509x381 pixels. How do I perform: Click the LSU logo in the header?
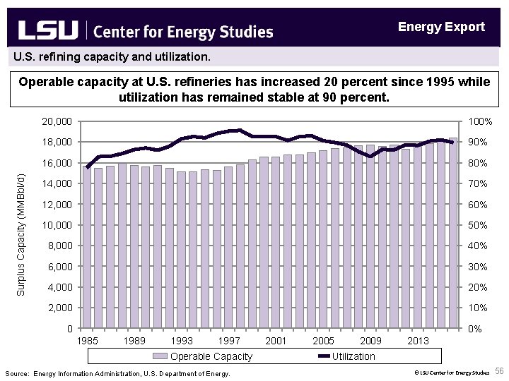pyautogui.click(x=48, y=30)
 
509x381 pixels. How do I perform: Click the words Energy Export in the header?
pyautogui.click(x=441, y=27)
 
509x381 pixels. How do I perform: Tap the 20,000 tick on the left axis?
pyautogui.click(x=57, y=122)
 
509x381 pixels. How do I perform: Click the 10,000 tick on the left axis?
pyautogui.click(x=57, y=225)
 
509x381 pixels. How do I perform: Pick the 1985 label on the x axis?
pyautogui.click(x=88, y=341)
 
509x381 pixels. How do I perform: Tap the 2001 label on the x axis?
pyautogui.click(x=275, y=341)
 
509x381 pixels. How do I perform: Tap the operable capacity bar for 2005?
pyautogui.click(x=323, y=240)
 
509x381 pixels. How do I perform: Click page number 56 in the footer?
pyautogui.click(x=499, y=371)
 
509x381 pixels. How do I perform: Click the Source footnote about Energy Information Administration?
pyautogui.click(x=117, y=373)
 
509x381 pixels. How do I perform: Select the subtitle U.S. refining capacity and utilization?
pyautogui.click(x=107, y=54)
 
